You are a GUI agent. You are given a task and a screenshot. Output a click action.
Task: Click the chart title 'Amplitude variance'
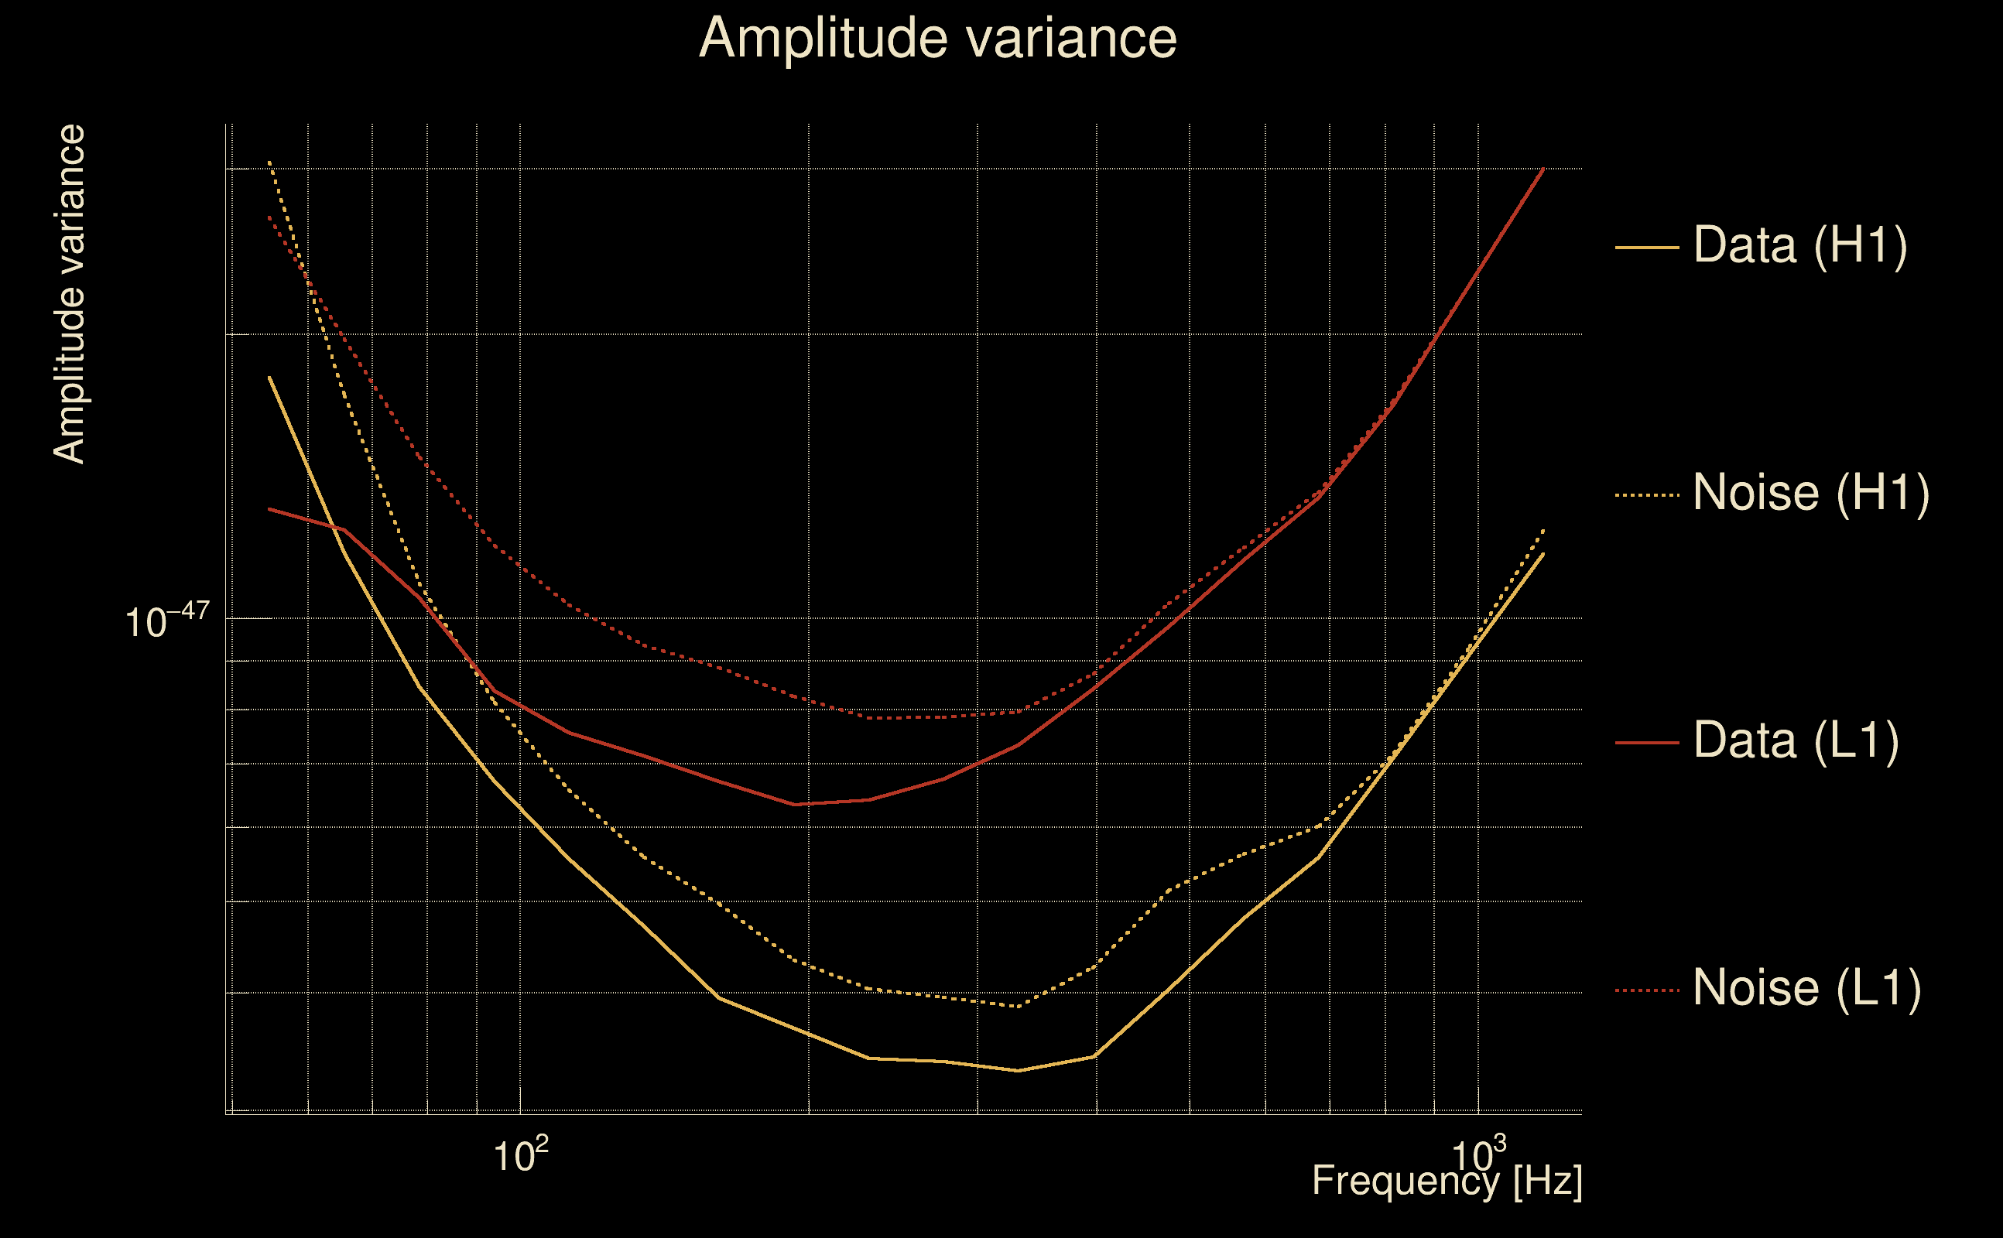tap(936, 38)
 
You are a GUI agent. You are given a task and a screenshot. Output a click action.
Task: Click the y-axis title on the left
tap(70, 295)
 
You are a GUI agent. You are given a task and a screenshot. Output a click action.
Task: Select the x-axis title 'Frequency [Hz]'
tap(1447, 1181)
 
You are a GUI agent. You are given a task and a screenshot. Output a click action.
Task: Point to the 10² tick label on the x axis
tap(520, 1154)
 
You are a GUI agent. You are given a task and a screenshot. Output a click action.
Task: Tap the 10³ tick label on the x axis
tap(1478, 1154)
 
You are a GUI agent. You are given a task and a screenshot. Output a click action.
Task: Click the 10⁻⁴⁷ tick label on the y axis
tap(167, 621)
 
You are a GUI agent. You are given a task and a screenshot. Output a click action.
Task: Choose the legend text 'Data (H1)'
tap(1800, 245)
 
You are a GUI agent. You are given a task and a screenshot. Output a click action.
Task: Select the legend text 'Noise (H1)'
tap(1810, 493)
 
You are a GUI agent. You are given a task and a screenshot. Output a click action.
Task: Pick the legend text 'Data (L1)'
tap(1795, 740)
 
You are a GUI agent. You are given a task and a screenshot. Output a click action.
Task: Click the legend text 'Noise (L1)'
tap(1806, 988)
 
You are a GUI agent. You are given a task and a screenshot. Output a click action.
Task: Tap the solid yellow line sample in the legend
tap(1646, 247)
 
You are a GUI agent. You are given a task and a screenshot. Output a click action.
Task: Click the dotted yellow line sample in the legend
tap(1646, 495)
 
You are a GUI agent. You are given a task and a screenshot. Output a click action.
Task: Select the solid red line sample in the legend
tap(1646, 743)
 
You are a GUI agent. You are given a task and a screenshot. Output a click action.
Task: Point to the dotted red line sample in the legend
tap(1646, 990)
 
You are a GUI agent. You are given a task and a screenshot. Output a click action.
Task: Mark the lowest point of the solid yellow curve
tap(1018, 1070)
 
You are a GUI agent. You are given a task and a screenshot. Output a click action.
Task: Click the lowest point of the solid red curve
tap(794, 805)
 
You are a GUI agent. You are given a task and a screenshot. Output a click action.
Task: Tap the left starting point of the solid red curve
tap(269, 509)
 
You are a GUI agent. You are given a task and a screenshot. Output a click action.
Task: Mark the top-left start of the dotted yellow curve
tap(269, 162)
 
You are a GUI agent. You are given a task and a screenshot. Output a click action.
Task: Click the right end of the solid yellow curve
tap(1543, 554)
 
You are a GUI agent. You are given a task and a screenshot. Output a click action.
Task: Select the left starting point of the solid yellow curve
tap(269, 378)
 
